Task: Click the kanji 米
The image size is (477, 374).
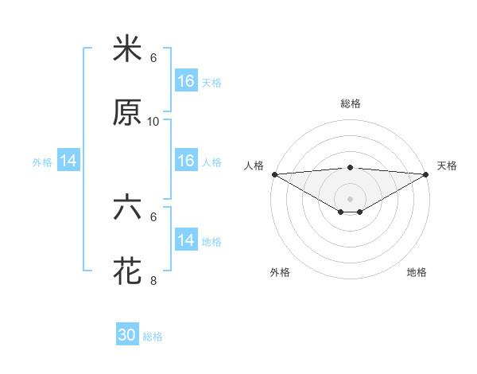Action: [x=127, y=50]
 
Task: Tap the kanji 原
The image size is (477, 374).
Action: [x=127, y=113]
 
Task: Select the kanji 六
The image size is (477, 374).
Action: [x=127, y=208]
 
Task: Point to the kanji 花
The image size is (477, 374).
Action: [x=127, y=271]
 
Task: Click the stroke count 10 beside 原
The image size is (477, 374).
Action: [x=153, y=121]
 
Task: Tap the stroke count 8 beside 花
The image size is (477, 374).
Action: [x=153, y=280]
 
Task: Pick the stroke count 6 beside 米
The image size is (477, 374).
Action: [x=153, y=58]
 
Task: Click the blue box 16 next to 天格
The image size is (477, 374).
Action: [x=186, y=81]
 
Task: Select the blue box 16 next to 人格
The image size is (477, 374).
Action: [x=186, y=161]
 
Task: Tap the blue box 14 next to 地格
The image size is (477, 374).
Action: [x=186, y=240]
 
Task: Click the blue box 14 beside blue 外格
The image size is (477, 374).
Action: [x=68, y=161]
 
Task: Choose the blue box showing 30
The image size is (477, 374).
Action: [x=127, y=335]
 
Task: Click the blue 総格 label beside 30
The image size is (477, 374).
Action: [x=153, y=337]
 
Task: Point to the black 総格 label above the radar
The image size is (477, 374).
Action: [x=351, y=103]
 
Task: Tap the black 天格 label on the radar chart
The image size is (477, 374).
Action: [x=448, y=166]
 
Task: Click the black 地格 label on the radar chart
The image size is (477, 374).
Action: [x=417, y=273]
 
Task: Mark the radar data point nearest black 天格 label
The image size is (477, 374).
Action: [x=427, y=173]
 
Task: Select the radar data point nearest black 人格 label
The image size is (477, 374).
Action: [x=274, y=173]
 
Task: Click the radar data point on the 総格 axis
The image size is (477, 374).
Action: [x=351, y=167]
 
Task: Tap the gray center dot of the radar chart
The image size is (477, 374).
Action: [x=351, y=198]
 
